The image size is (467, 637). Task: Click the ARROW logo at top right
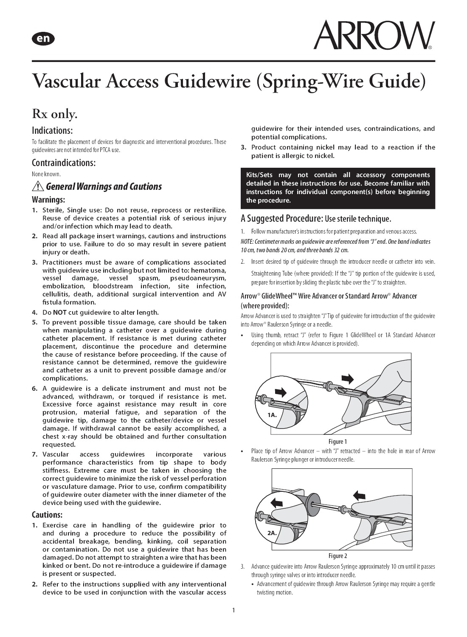[x=374, y=35]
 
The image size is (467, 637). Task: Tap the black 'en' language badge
[x=43, y=39]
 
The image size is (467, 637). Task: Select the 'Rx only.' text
[x=55, y=114]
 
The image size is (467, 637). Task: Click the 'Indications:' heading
[x=52, y=130]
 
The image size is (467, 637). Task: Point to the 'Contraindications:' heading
[x=63, y=163]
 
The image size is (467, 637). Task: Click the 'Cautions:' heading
[x=47, y=515]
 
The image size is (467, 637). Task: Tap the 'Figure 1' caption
[x=338, y=442]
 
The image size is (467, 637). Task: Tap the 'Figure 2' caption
[x=338, y=556]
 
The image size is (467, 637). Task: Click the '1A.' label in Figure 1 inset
[x=272, y=414]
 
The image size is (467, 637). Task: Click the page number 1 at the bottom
[x=233, y=611]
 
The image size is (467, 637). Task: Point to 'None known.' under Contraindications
[x=46, y=174]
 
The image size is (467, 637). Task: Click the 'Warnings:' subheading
[x=48, y=200]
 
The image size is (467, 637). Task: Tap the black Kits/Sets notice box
[x=338, y=188]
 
